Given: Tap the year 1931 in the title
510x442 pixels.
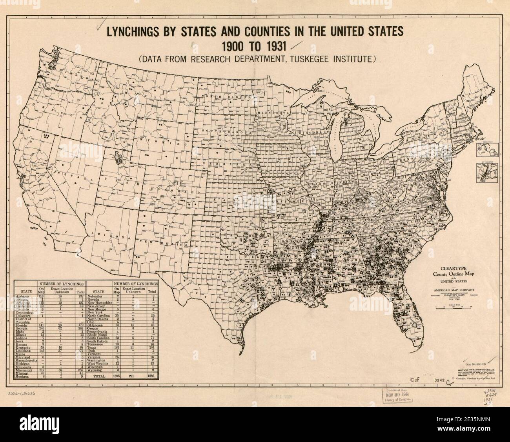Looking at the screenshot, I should [271, 46].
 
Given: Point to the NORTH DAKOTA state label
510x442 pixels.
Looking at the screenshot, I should [225, 96].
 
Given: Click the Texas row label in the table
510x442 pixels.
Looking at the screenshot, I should [93, 347].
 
